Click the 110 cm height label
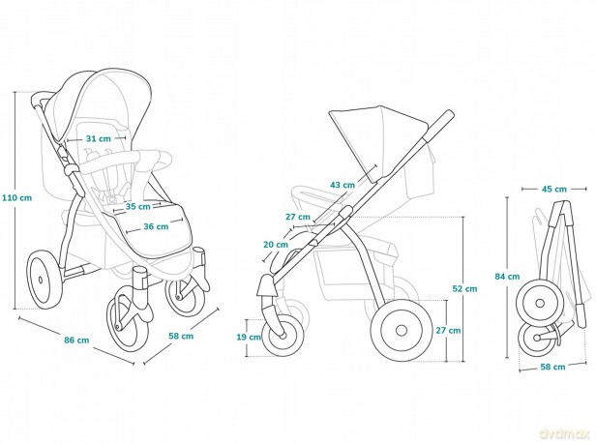click(x=17, y=197)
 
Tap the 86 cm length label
click(x=76, y=340)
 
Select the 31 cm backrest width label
click(x=99, y=138)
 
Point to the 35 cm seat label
click(x=138, y=207)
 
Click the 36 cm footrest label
click(x=156, y=226)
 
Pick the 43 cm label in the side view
click(x=343, y=185)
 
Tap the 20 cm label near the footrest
click(x=276, y=245)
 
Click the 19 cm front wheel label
click(x=249, y=337)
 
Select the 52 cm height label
click(x=464, y=288)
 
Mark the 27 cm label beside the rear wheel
click(x=448, y=330)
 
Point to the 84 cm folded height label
click(x=507, y=277)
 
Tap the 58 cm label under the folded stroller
click(x=552, y=367)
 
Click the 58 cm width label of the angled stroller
click(x=181, y=336)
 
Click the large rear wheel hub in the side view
click(x=402, y=330)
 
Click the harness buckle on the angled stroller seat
click(x=112, y=198)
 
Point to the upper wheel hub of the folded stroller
click(x=540, y=303)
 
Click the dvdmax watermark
click(x=567, y=433)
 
